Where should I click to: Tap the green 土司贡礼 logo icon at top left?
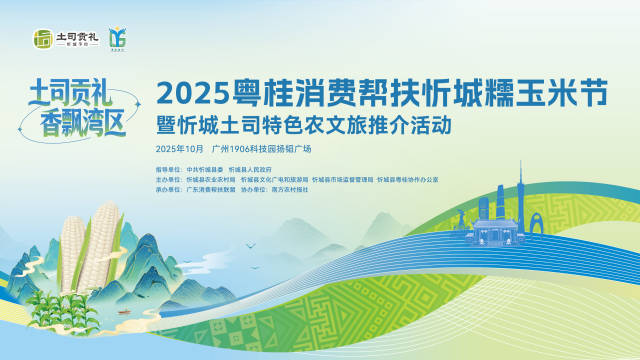41,39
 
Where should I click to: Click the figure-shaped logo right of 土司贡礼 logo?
117,39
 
